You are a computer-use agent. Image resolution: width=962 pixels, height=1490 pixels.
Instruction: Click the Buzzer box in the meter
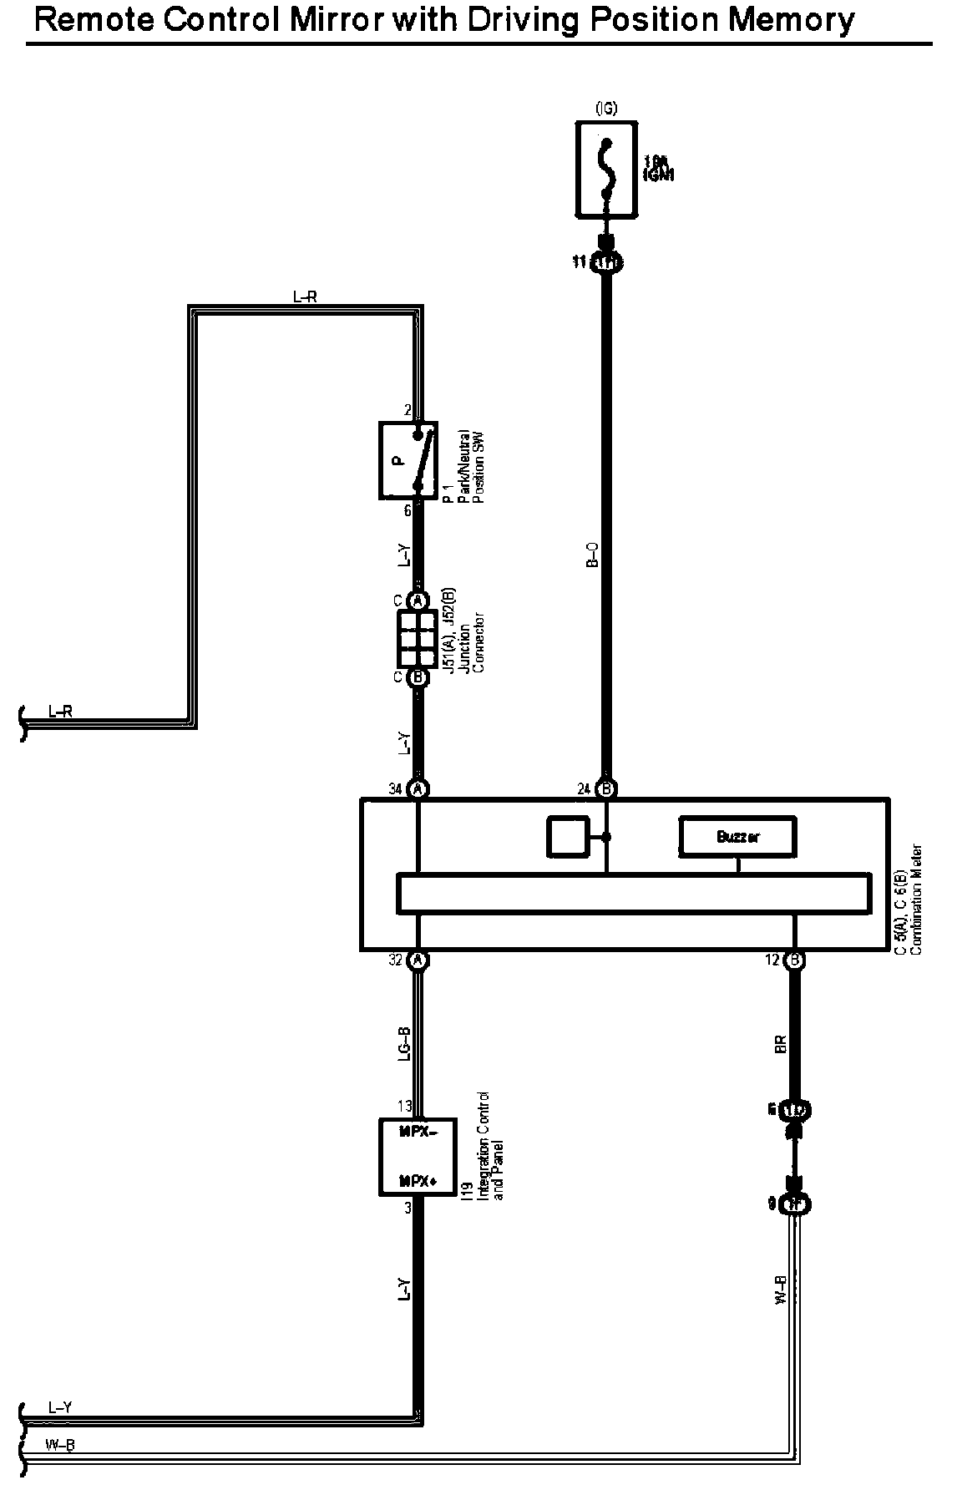(737, 837)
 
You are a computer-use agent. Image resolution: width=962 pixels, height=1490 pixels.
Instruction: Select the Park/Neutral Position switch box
(408, 459)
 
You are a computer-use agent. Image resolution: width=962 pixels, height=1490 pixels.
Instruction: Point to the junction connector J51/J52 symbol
(418, 639)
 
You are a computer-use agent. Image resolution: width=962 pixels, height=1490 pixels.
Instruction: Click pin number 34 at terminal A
(397, 788)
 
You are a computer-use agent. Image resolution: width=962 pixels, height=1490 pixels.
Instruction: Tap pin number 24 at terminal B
(585, 788)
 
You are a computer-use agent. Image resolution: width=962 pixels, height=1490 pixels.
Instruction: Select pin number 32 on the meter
(397, 960)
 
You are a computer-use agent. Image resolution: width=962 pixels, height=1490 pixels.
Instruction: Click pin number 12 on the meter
(773, 960)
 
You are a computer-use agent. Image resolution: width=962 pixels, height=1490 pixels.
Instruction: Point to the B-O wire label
(592, 555)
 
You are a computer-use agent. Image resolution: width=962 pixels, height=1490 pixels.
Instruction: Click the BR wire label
(781, 1044)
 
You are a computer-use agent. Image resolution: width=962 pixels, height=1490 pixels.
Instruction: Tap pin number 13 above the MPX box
(404, 1107)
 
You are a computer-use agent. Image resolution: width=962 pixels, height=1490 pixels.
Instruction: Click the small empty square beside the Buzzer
(566, 837)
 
